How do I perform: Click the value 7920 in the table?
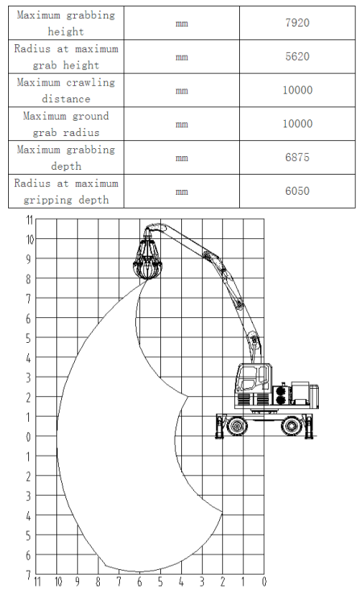297,23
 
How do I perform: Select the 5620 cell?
297,56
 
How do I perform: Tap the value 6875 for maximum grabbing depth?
297,157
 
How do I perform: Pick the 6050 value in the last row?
297,191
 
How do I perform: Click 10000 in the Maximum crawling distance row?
297,90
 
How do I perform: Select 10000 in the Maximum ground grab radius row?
297,124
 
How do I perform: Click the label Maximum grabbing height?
66,23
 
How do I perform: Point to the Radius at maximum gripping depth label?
66,192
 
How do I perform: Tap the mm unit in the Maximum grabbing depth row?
182,158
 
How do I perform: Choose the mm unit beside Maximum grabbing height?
182,23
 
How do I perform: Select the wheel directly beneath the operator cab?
238,426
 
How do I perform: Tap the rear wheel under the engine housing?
292,426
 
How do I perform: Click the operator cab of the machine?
254,383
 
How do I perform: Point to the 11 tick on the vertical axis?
30,220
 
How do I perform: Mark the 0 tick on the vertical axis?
28,437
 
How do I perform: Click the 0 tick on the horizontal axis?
264,581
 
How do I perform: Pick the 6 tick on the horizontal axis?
140,581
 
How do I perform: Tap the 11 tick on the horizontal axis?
37,581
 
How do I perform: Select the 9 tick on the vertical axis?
28,259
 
